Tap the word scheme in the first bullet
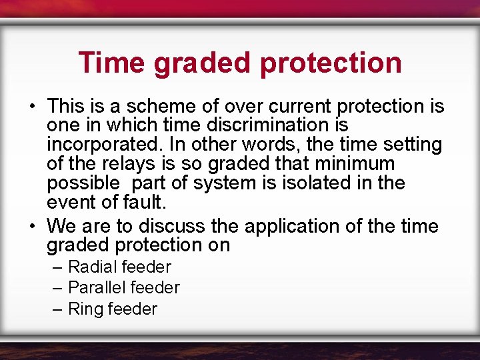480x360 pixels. [x=149, y=107]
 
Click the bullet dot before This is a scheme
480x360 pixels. [x=32, y=107]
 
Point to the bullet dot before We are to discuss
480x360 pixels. [x=32, y=226]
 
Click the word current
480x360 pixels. [x=300, y=107]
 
